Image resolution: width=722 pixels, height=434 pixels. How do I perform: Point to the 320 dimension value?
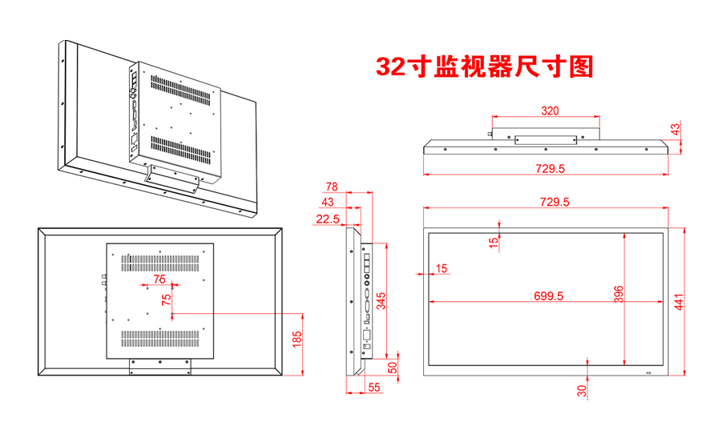pos(550,111)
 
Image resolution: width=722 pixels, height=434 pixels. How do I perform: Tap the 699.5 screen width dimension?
pos(549,295)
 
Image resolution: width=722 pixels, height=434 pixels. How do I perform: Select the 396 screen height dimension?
pos(619,293)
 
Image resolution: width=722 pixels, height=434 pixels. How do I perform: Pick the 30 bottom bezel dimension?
pos(582,390)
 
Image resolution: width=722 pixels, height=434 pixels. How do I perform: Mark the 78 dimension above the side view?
pos(331,187)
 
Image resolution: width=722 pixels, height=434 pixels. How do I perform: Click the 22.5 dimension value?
pos(327,219)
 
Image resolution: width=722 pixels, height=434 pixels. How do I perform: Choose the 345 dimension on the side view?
pos(381,301)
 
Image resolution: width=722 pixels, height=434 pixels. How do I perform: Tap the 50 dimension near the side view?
pos(393,368)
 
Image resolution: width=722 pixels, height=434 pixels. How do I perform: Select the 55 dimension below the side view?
pos(374,387)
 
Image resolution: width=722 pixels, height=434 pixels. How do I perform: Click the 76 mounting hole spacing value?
pos(159,279)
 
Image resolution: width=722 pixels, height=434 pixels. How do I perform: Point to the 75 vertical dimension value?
pos(166,299)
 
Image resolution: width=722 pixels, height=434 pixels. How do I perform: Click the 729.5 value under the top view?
pos(550,169)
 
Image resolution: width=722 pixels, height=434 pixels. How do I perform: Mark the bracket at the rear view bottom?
pos(159,365)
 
